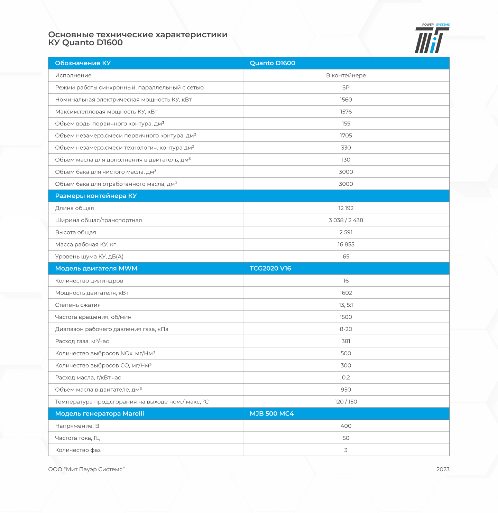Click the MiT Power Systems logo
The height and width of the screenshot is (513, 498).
click(432, 39)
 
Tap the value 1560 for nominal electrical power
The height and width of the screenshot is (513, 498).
click(346, 100)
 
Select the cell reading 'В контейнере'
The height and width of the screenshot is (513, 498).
click(346, 75)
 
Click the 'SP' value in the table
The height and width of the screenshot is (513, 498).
click(346, 87)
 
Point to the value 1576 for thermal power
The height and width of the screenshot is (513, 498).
click(346, 112)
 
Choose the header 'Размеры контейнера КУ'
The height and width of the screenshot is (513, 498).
click(96, 196)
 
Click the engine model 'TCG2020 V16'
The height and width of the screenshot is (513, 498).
click(270, 269)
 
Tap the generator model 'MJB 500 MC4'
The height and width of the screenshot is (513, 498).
click(271, 414)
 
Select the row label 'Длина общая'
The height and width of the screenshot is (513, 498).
click(74, 208)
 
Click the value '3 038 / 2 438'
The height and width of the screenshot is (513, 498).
click(346, 220)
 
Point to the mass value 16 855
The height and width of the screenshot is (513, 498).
click(346, 244)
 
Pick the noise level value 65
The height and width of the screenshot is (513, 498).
click(346, 256)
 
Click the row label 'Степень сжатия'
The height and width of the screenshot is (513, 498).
click(78, 305)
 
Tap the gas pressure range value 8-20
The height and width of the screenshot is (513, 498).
click(346, 329)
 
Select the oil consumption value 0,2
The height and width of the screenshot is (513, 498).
click(346, 377)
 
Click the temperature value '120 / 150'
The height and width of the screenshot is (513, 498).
click(346, 402)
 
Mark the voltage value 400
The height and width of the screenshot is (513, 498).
click(346, 426)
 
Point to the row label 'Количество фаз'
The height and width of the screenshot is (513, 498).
click(78, 450)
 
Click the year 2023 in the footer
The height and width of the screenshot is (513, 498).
click(443, 469)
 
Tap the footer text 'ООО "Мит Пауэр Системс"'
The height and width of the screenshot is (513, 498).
click(86, 469)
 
